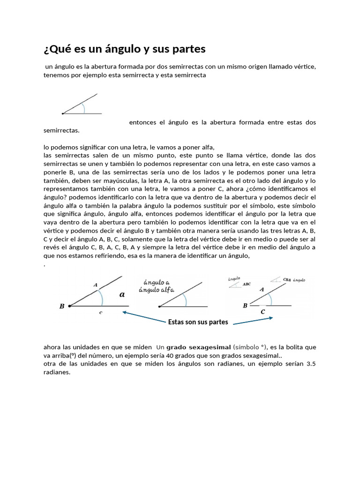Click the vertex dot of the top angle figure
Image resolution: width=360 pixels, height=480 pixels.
pyautogui.click(x=63, y=113)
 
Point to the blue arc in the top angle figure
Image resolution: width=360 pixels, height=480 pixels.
pyautogui.click(x=83, y=108)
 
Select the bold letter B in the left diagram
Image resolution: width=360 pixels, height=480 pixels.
pyautogui.click(x=61, y=307)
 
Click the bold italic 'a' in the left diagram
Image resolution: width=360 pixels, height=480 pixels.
pyautogui.click(x=122, y=294)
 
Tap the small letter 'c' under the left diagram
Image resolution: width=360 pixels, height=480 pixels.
pyautogui.click(x=100, y=312)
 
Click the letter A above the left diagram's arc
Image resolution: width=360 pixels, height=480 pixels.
pyautogui.click(x=96, y=285)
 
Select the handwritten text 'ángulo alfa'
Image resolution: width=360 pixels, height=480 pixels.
pyautogui.click(x=156, y=290)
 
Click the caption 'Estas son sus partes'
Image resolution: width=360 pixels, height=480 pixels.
pyautogui.click(x=198, y=322)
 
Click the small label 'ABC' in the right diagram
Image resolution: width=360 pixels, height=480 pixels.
pyautogui.click(x=247, y=284)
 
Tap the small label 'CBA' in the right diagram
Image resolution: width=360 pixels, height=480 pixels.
pyautogui.click(x=287, y=280)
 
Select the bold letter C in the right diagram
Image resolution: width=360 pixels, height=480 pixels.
pyautogui.click(x=262, y=311)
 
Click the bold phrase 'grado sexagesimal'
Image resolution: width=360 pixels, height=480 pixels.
pyautogui.click(x=198, y=347)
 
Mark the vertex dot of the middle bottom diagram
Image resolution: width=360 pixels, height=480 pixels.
pyautogui.click(x=160, y=307)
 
